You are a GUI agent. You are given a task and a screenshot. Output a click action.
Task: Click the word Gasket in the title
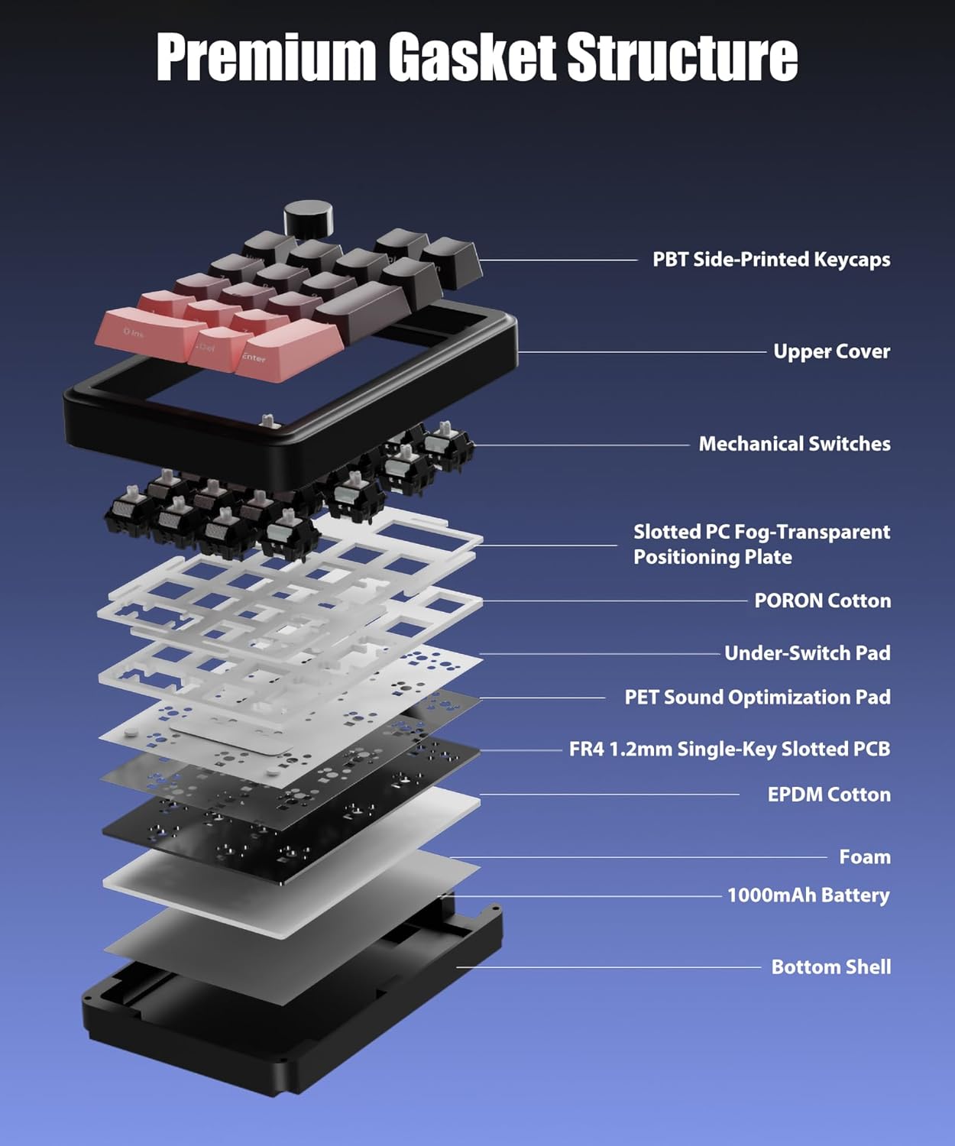click(x=471, y=57)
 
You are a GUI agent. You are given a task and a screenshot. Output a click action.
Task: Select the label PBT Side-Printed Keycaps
click(x=771, y=260)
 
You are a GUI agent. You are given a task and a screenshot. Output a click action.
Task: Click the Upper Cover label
click(x=831, y=351)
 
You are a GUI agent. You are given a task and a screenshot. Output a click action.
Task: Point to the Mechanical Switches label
click(x=794, y=444)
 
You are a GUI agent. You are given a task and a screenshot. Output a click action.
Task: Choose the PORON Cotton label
click(x=822, y=601)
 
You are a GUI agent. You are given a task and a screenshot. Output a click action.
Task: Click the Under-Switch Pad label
click(x=807, y=653)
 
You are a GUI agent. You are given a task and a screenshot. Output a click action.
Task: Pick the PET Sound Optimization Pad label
click(x=757, y=698)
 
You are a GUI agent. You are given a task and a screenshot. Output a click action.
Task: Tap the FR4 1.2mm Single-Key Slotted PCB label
click(x=730, y=749)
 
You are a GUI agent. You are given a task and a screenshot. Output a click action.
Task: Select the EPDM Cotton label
click(x=829, y=795)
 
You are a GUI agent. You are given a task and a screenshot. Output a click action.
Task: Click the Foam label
click(x=864, y=857)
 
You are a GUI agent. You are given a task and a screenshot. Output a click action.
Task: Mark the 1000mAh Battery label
click(x=808, y=895)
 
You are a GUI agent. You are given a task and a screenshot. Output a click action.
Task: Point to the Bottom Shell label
click(x=830, y=967)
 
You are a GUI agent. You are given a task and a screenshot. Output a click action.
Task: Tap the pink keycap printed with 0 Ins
click(x=144, y=330)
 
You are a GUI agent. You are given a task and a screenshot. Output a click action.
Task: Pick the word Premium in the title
click(x=265, y=57)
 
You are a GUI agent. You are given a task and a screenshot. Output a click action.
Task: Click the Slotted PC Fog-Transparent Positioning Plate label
click(x=761, y=544)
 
